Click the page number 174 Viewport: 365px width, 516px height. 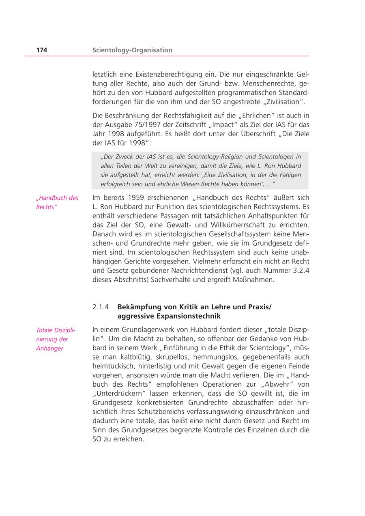pyautogui.click(x=41, y=50)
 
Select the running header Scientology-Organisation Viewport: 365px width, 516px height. pyautogui.click(x=132, y=50)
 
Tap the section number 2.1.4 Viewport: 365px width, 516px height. pyautogui.click(x=101, y=307)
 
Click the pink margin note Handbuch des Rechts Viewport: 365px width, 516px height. pyautogui.click(x=57, y=202)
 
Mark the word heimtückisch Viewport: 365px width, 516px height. pyautogui.click(x=112, y=366)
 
